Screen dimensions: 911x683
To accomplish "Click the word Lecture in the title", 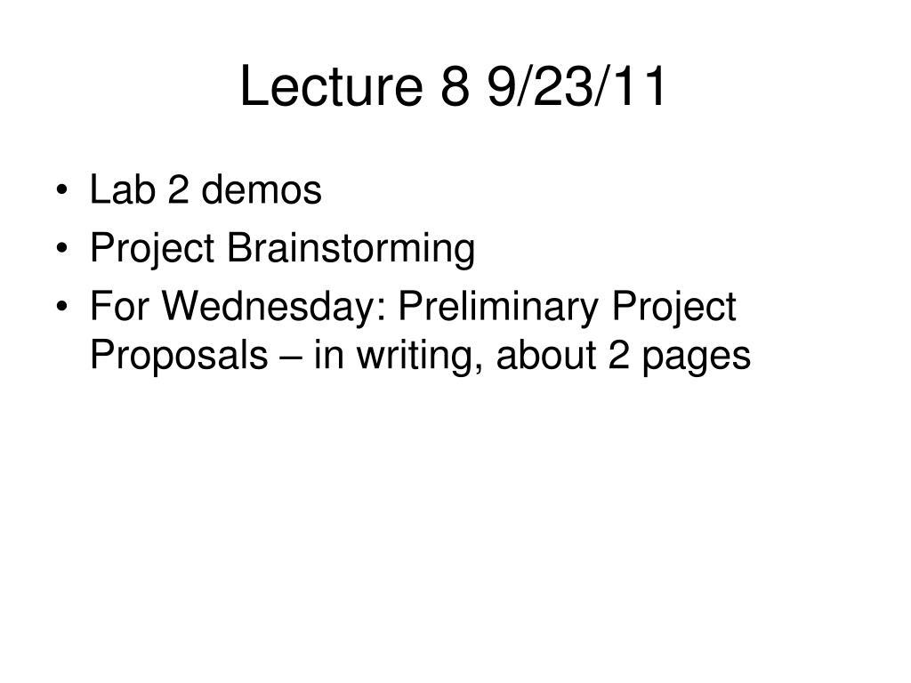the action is tap(331, 85).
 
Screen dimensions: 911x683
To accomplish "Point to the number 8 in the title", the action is tap(455, 86).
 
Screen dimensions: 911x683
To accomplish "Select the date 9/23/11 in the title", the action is tap(576, 85).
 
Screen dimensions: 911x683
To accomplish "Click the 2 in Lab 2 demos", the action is tap(178, 189).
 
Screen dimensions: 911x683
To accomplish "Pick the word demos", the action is tap(262, 189).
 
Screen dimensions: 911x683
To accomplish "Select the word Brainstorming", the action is tap(351, 249).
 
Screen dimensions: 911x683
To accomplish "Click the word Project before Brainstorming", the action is tap(152, 249).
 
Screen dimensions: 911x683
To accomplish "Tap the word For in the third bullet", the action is tap(119, 306).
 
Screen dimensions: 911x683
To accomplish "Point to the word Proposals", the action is tap(179, 356).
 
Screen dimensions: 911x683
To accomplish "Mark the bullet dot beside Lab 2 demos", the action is tap(62, 190).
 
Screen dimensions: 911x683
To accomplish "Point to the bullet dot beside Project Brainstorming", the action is tap(62, 248).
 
